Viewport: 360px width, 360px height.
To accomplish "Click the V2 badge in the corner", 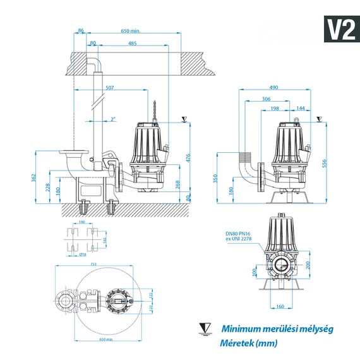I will (340, 29).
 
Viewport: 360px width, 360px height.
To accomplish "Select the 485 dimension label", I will (132, 43).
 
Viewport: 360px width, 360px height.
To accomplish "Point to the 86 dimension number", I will (80, 30).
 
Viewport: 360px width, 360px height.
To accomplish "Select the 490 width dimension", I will (273, 88).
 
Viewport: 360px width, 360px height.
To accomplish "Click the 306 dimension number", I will (266, 99).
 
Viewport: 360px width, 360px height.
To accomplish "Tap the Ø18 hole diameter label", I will (83, 255).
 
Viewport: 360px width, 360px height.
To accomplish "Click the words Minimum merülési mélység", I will (277, 328).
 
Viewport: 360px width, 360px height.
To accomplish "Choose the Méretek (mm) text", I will (249, 344).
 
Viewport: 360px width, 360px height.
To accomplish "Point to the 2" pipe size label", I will (112, 119).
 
